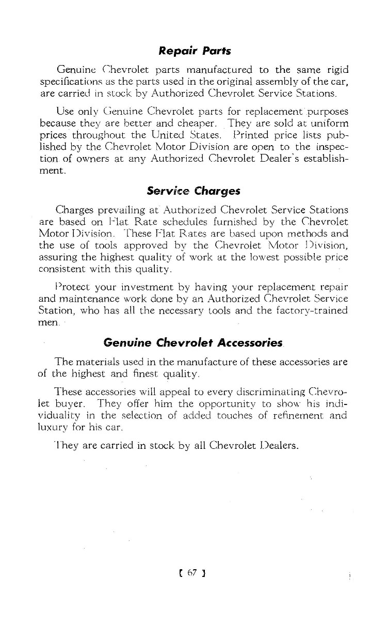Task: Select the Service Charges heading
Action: [x=194, y=190]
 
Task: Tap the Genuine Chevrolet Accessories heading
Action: [x=193, y=342]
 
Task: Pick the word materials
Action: [x=103, y=362]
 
